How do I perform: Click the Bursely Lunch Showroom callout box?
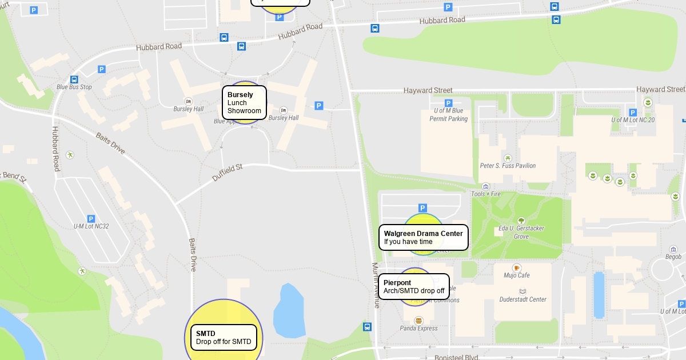244,103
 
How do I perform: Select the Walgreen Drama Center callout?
423,237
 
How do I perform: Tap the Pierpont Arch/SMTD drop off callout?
414,287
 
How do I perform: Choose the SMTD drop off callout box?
224,338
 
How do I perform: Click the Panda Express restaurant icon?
418,321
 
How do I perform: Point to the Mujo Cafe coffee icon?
517,267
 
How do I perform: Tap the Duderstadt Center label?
523,299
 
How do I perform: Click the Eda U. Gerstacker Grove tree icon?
521,221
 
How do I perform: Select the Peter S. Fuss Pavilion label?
508,166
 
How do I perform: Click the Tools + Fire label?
485,194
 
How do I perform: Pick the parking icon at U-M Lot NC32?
91,218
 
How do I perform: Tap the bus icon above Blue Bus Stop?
74,79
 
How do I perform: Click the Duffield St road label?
228,172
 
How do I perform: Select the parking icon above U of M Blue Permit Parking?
449,103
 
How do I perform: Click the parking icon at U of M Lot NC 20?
632,112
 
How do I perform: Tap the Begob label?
673,257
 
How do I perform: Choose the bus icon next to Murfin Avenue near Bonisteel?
367,327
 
